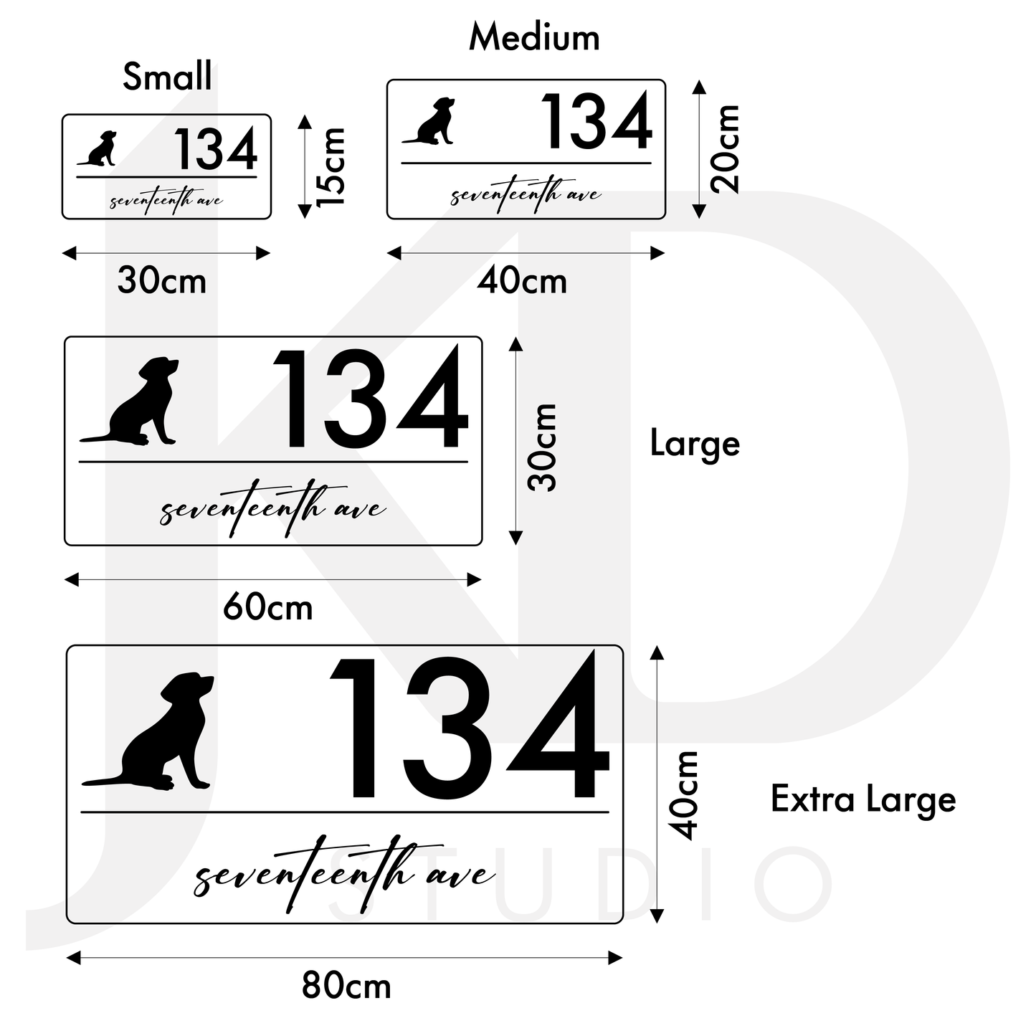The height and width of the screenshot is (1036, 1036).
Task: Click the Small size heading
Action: click(167, 77)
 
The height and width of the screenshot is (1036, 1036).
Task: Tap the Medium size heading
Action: click(534, 38)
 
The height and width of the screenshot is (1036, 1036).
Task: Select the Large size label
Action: click(694, 444)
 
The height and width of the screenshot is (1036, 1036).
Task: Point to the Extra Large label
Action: click(863, 799)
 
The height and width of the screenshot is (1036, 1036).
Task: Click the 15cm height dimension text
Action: click(332, 166)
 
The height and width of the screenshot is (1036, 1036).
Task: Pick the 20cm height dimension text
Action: click(725, 148)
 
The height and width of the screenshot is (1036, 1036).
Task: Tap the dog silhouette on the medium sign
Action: click(432, 122)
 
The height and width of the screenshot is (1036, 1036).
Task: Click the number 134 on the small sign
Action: click(215, 149)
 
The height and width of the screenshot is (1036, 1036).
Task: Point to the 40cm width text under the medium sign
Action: click(522, 281)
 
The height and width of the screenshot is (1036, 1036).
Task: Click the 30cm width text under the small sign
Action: click(162, 280)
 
